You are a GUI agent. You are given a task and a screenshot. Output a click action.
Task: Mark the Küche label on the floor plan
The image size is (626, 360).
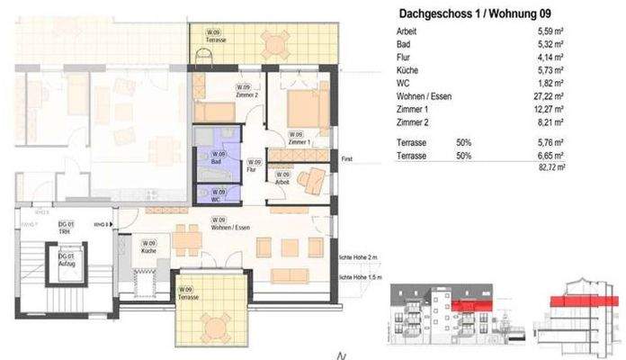pyautogui.click(x=148, y=247)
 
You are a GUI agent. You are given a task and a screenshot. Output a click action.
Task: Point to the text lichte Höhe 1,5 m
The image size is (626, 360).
pyautogui.click(x=366, y=278)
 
